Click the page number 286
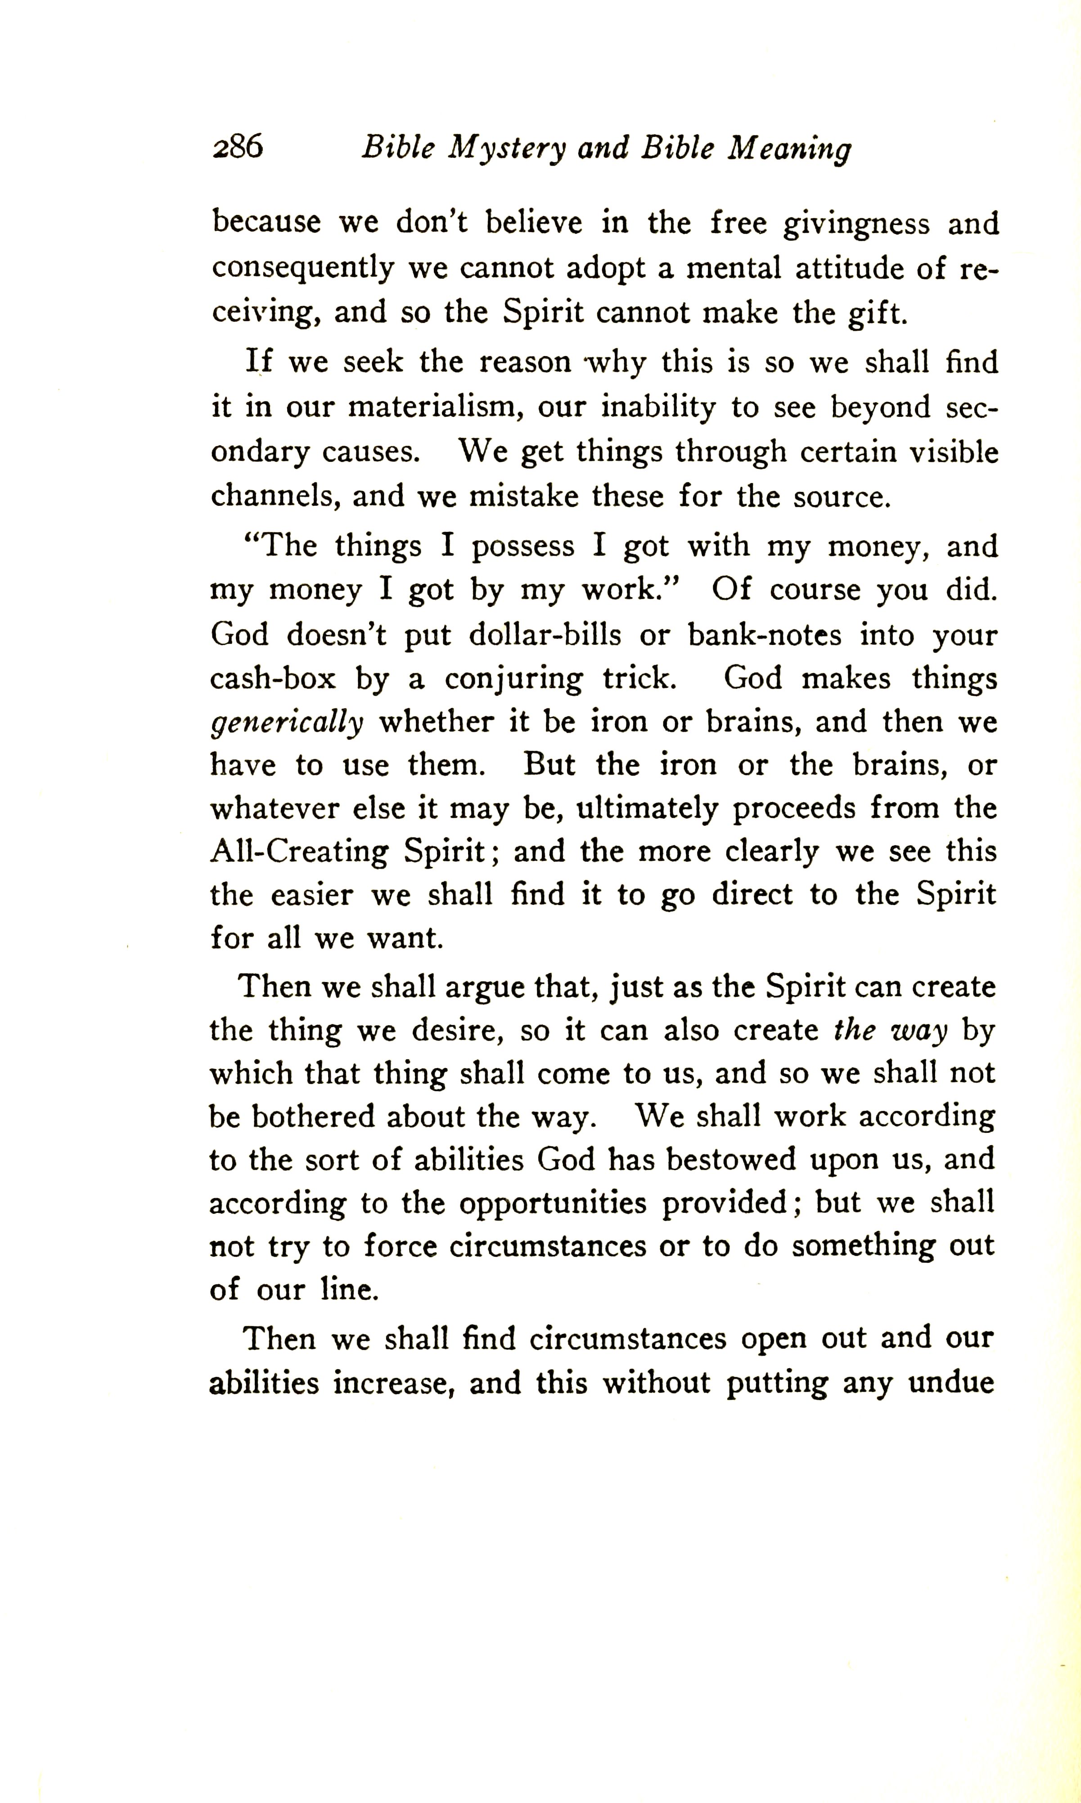point(238,148)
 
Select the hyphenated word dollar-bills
point(545,635)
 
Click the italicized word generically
point(286,723)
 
